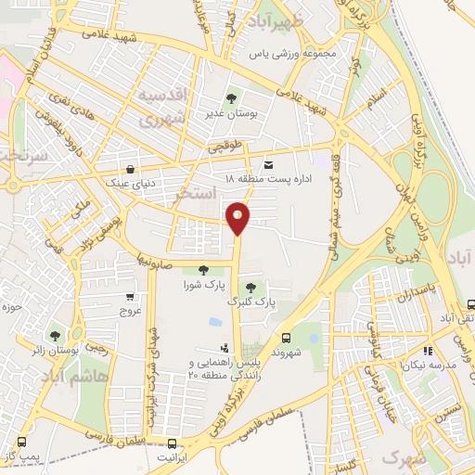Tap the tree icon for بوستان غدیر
coord(231,97)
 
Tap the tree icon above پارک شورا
coord(203,270)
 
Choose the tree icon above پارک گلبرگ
coord(251,287)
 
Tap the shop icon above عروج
coord(130,298)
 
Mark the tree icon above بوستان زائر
coord(58,334)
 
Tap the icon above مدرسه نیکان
coord(428,351)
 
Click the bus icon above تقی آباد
coord(470,303)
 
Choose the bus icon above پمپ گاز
coord(21,443)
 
